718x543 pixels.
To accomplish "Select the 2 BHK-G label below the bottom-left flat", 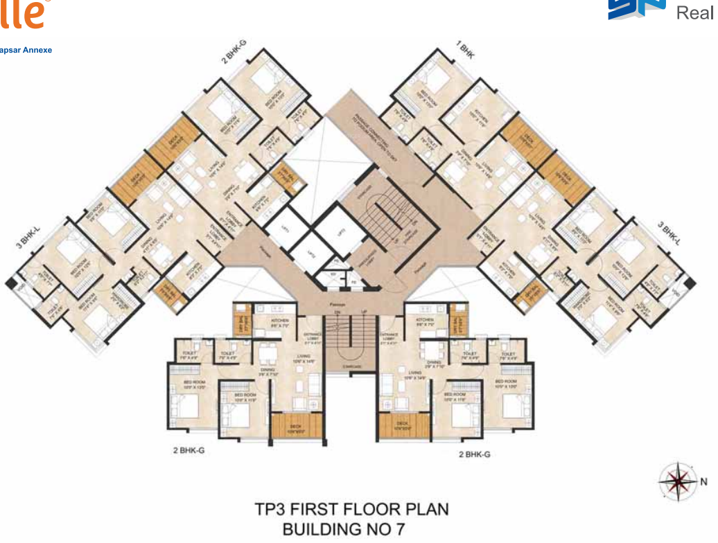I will pos(189,449).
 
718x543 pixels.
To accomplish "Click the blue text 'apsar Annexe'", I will pos(26,50).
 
